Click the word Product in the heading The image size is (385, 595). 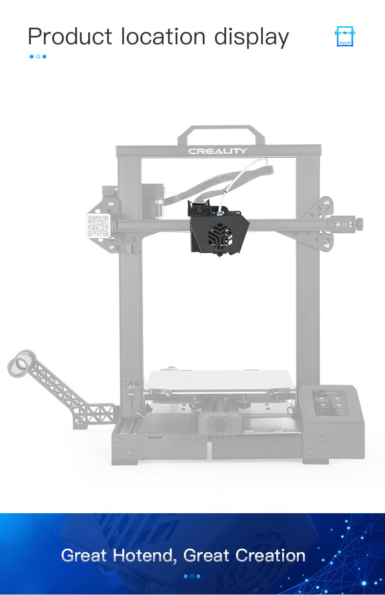[70, 37]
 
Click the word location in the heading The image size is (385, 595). [163, 37]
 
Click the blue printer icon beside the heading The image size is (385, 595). [345, 37]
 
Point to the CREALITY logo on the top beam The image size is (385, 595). [218, 151]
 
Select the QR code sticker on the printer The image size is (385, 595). [98, 225]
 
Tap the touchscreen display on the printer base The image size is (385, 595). [331, 403]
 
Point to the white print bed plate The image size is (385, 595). [219, 380]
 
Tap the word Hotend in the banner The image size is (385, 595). [143, 556]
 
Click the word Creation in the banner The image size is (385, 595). [270, 556]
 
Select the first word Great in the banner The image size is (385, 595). [84, 556]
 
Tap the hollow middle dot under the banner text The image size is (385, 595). [192, 576]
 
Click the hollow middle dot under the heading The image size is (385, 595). [38, 56]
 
